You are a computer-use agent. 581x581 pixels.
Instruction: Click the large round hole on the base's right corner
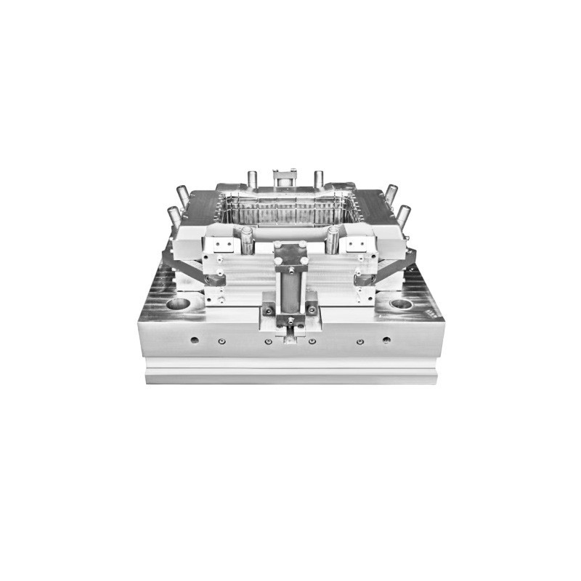(401, 304)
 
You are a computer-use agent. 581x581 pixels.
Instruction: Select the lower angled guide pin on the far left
(174, 215)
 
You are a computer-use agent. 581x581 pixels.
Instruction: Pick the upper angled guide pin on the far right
(391, 193)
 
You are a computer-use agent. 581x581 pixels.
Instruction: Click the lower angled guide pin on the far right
(404, 214)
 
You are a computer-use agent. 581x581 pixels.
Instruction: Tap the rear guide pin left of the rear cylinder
(252, 178)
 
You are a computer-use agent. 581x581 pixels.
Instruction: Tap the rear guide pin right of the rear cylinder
(318, 178)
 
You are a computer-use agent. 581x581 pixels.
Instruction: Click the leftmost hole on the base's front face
(194, 339)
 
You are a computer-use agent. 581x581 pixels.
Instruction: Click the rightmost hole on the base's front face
(386, 339)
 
